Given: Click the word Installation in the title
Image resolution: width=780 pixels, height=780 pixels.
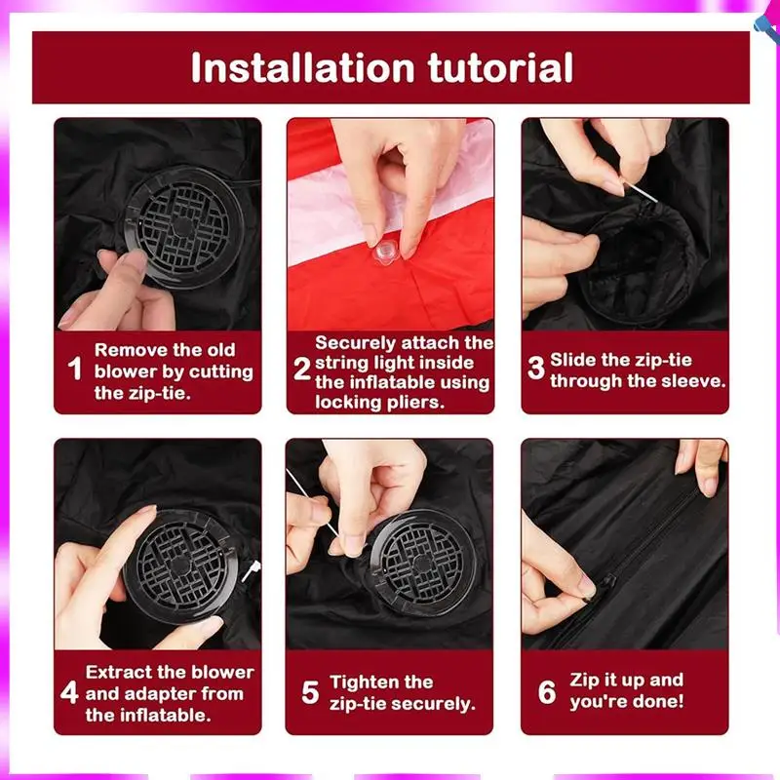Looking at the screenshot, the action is pos(303,67).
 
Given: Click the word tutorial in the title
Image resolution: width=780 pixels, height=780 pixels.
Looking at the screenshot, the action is pos(500,67).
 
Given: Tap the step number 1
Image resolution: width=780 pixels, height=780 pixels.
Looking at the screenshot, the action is pos(75,369).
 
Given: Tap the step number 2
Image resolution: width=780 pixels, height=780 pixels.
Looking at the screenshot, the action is pos(302,369).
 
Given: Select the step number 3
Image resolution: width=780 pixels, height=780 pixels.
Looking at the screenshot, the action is pos(536,368).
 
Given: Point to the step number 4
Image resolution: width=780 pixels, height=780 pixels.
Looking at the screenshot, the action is pos(69,692).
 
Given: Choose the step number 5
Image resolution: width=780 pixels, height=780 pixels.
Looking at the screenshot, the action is pos(310,692).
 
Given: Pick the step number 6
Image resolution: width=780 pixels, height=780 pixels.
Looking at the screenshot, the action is pos(547,692).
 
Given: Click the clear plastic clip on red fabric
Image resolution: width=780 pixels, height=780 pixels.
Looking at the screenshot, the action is pos(386,252).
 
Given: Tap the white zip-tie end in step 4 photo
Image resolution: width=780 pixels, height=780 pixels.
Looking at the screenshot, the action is pos(252,570).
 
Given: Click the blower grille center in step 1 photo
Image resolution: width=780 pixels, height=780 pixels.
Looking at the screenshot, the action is pos(182,227).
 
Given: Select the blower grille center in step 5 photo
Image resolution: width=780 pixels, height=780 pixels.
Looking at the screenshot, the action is pos(422,564).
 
